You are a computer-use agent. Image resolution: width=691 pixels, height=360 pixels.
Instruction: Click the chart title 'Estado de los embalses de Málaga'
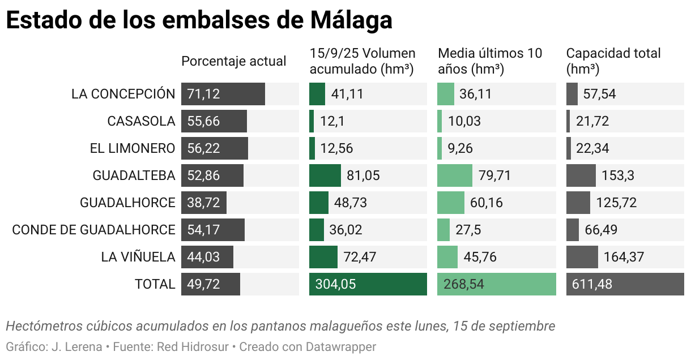click(x=199, y=20)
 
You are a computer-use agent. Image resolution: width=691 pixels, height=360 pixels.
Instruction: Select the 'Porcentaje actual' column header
click(x=233, y=61)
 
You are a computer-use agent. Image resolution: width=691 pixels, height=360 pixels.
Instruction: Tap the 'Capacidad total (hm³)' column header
click(x=613, y=61)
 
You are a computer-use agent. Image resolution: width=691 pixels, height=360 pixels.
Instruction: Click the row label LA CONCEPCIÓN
click(x=123, y=94)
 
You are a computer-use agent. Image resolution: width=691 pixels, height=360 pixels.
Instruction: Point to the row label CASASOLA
click(x=141, y=121)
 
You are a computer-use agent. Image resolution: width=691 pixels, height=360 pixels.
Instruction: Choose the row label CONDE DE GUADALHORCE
click(x=93, y=230)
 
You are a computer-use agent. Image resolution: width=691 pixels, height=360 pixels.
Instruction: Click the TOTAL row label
click(x=155, y=284)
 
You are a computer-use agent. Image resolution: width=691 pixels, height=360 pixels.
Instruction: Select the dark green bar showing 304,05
click(x=368, y=284)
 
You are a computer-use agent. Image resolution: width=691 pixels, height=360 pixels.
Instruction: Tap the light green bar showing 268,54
click(x=496, y=284)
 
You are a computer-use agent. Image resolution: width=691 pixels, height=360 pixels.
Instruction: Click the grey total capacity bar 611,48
click(x=625, y=284)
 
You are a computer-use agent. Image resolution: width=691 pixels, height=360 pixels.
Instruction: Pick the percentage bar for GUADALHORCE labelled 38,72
click(x=204, y=203)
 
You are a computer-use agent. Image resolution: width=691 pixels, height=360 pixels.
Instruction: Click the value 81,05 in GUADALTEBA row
click(x=363, y=175)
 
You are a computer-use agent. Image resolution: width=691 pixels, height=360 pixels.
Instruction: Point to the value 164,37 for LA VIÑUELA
click(x=624, y=257)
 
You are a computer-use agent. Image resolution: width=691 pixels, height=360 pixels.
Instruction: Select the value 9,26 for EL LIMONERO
click(x=460, y=148)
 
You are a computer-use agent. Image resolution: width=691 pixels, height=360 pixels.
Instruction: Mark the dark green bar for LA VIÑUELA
click(x=323, y=257)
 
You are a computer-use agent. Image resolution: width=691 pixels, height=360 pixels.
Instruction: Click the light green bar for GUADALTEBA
click(x=454, y=175)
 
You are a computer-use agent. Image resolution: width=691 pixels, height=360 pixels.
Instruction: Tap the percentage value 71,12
click(x=203, y=94)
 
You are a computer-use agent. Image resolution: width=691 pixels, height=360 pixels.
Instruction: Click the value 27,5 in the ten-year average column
click(x=468, y=230)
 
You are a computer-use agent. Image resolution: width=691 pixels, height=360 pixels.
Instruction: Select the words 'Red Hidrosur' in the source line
click(x=193, y=346)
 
